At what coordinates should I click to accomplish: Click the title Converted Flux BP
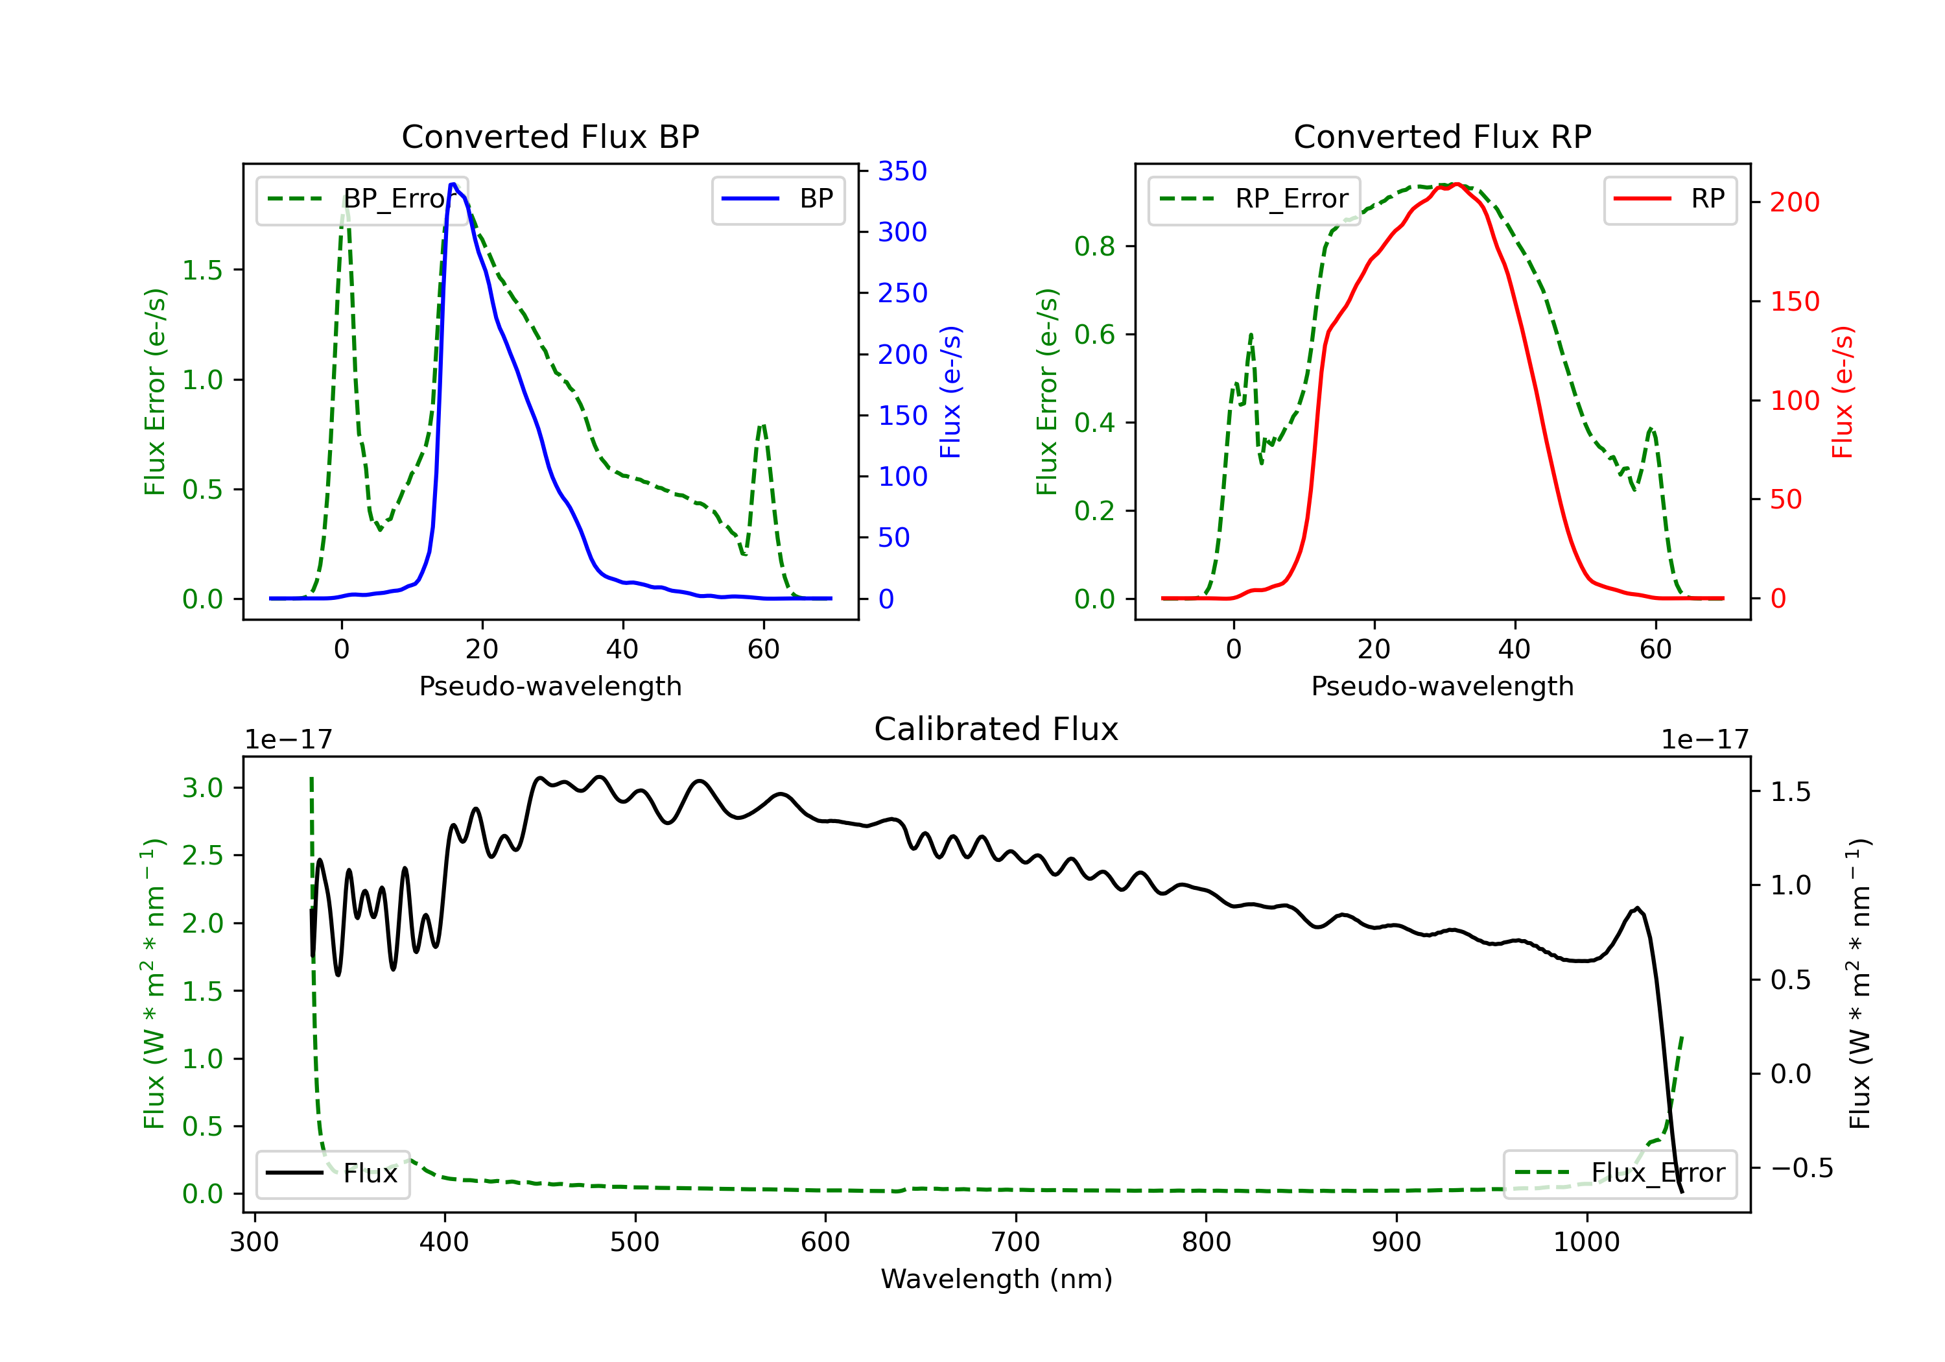click(x=550, y=136)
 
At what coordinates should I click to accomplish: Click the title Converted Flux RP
click(x=1442, y=136)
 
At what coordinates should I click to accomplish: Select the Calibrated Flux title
click(x=996, y=729)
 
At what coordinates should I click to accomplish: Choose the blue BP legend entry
click(x=777, y=199)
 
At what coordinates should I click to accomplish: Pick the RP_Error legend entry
click(x=1254, y=199)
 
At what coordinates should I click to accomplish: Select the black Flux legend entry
click(x=332, y=1173)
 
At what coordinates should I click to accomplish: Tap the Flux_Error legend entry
click(x=1620, y=1173)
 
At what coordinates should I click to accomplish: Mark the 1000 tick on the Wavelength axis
click(x=1586, y=1241)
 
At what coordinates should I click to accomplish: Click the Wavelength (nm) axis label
click(x=996, y=1279)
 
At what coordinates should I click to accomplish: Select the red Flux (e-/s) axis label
click(x=1843, y=392)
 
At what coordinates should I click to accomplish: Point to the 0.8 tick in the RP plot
click(x=1094, y=246)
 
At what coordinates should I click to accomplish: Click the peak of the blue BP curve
click(x=453, y=184)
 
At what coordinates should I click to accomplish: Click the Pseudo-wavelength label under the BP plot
click(x=550, y=686)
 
